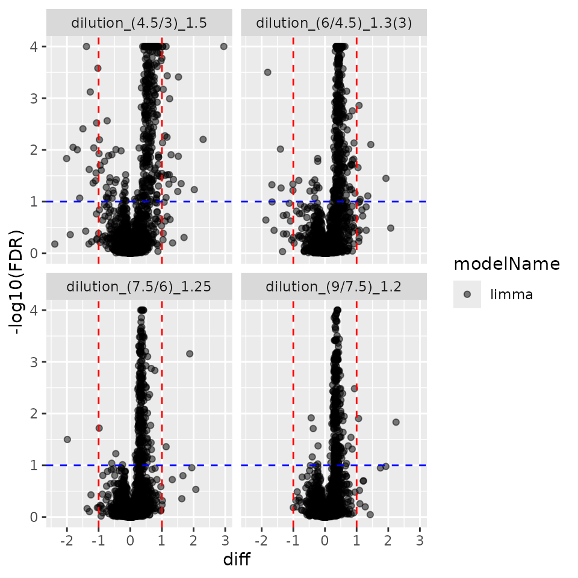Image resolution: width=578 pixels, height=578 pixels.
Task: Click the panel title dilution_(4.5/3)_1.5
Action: pyautogui.click(x=139, y=23)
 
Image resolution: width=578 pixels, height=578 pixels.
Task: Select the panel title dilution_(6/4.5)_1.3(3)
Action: pyautogui.click(x=334, y=23)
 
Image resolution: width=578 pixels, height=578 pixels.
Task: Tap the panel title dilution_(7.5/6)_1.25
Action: pyautogui.click(x=139, y=287)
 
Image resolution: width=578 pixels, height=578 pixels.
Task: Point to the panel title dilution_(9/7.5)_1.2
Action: pyautogui.click(x=334, y=287)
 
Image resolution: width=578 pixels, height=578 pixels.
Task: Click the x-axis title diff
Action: pyautogui.click(x=237, y=560)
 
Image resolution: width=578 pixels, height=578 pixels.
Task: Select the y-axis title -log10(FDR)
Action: pyautogui.click(x=17, y=281)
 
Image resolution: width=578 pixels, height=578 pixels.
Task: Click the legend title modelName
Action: pyautogui.click(x=506, y=264)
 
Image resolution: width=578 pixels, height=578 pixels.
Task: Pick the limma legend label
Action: pyautogui.click(x=512, y=294)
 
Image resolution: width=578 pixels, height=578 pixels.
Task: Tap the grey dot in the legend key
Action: pyautogui.click(x=467, y=294)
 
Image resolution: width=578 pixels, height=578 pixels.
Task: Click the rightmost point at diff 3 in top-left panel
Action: pyautogui.click(x=224, y=46)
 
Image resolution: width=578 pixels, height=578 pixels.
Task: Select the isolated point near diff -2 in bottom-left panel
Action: pyautogui.click(x=67, y=440)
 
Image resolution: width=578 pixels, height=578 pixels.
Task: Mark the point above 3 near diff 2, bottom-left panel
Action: pyautogui.click(x=190, y=353)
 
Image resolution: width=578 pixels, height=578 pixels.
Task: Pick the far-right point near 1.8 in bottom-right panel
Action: pyautogui.click(x=396, y=422)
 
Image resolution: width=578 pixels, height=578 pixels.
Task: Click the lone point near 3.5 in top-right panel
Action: pyautogui.click(x=268, y=72)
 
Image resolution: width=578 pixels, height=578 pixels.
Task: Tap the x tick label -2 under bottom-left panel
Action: pyautogui.click(x=67, y=540)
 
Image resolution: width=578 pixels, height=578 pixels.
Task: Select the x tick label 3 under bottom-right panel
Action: pyautogui.click(x=420, y=540)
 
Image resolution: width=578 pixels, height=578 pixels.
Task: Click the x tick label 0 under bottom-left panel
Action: pyautogui.click(x=130, y=540)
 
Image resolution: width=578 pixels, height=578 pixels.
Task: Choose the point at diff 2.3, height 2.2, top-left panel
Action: pyautogui.click(x=203, y=139)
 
